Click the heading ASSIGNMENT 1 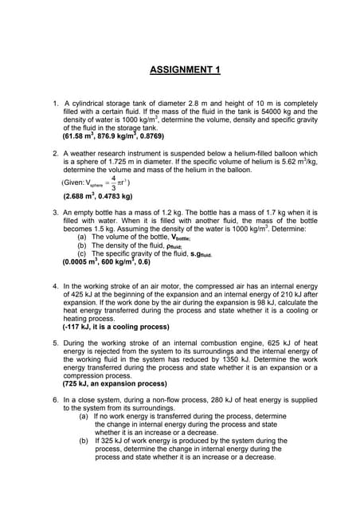185,70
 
